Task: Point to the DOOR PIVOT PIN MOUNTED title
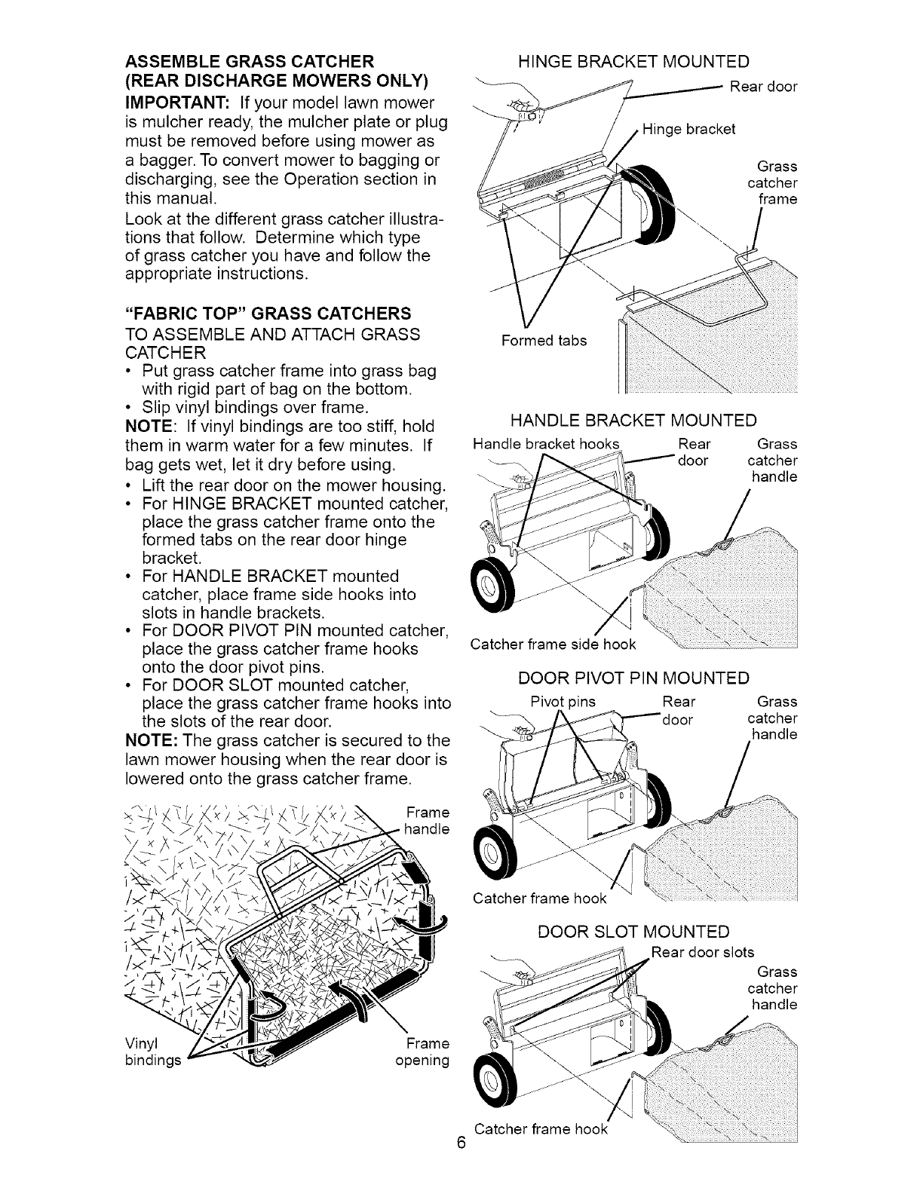[x=633, y=678]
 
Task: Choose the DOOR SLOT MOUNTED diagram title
[x=633, y=932]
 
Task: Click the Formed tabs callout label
[x=544, y=341]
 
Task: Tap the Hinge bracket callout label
[x=688, y=129]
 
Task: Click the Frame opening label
[x=422, y=1052]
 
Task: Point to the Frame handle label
[x=427, y=821]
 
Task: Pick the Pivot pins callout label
[x=563, y=702]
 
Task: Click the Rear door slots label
[x=703, y=952]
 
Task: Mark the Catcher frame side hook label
[x=553, y=644]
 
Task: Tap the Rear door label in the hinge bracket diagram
[x=763, y=87]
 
